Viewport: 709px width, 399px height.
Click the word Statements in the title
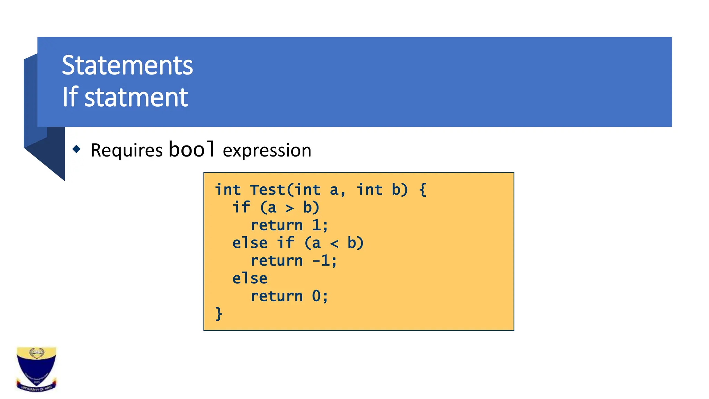[x=127, y=65]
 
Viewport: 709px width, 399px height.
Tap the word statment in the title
[x=136, y=97]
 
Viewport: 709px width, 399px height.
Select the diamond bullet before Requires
[x=77, y=149]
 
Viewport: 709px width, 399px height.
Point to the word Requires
[x=126, y=151]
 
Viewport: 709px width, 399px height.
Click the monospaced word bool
[x=192, y=149]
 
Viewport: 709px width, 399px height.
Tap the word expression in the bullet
[x=267, y=151]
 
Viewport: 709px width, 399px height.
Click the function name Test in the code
[x=267, y=190]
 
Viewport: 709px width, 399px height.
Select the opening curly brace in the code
[x=422, y=190]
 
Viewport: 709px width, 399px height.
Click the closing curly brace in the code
[x=218, y=314]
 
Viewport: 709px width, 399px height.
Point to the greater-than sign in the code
[x=289, y=208]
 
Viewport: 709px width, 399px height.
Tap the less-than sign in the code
[x=334, y=243]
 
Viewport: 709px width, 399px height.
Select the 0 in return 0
[x=316, y=296]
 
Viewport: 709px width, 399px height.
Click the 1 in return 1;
[x=316, y=225]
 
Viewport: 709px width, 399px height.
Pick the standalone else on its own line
[x=250, y=278]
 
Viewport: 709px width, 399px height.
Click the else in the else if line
[x=250, y=243]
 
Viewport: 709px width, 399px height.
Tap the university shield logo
[x=36, y=369]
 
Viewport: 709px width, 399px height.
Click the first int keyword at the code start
[x=227, y=190]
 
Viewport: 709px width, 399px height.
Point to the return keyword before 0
[x=276, y=296]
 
